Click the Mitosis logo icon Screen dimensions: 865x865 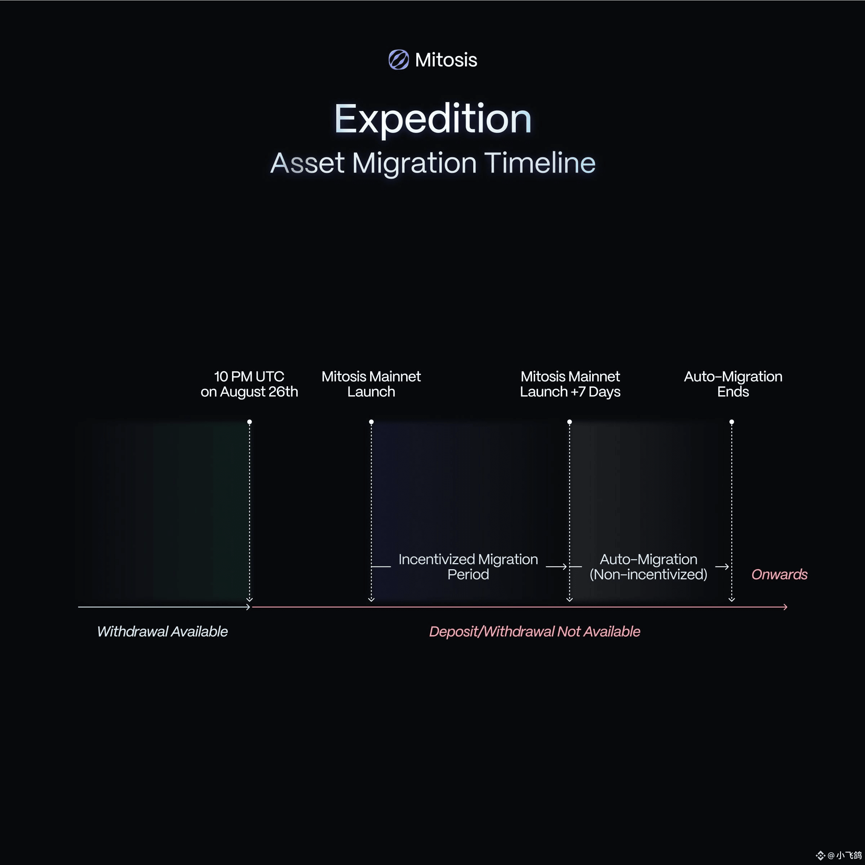point(398,59)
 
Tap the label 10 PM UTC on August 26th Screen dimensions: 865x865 point(249,384)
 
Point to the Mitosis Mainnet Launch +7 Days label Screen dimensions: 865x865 point(570,384)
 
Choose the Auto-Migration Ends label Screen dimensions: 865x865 point(733,384)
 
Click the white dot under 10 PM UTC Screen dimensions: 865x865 point(249,422)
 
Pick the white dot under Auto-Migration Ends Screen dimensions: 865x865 point(732,422)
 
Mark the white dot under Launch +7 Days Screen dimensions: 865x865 point(569,422)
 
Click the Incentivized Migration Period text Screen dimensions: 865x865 point(468,566)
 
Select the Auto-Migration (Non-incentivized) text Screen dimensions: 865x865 point(648,566)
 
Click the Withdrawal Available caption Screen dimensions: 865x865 point(162,631)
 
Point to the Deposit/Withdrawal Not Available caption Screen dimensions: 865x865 point(534,631)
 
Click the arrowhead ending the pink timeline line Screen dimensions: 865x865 point(785,607)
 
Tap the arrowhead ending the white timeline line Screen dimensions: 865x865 point(248,607)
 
